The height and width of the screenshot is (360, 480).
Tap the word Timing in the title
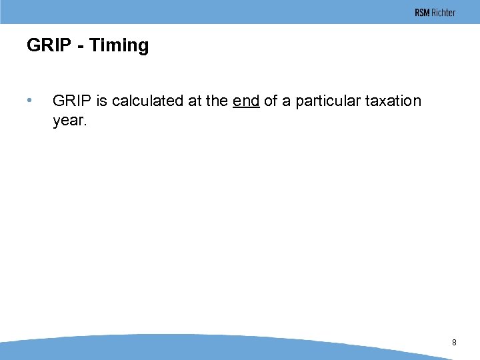click(119, 46)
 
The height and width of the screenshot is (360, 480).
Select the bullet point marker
click(29, 101)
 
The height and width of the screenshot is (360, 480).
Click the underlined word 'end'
click(246, 101)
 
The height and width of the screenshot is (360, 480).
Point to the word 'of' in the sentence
click(271, 101)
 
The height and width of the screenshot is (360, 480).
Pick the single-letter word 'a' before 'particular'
click(287, 101)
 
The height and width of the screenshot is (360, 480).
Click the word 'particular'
click(326, 101)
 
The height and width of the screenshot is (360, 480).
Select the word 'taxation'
click(393, 101)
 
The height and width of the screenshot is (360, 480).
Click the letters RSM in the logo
click(422, 13)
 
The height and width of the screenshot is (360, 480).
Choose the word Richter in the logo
click(443, 13)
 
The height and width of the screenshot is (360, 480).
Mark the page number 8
click(454, 342)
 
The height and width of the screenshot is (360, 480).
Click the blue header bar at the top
click(200, 12)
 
